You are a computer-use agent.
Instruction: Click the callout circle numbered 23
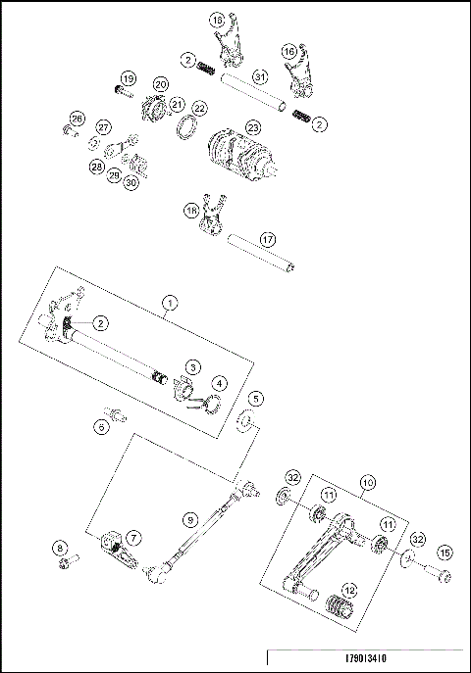coord(253,127)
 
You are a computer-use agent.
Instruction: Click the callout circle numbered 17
coord(267,238)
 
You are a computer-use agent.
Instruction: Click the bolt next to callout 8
coord(69,563)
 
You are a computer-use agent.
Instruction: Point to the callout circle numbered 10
coord(367,482)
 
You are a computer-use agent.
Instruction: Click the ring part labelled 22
coord(183,128)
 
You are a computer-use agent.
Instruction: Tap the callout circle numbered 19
coord(129,78)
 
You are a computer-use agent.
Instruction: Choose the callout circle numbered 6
coord(101,426)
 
